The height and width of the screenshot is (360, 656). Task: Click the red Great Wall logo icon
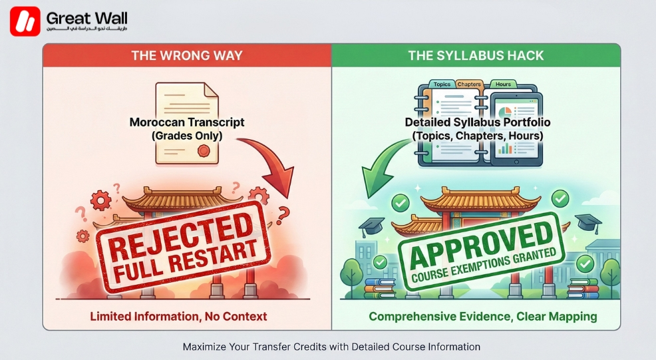(x=25, y=21)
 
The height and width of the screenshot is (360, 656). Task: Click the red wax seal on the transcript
(x=204, y=151)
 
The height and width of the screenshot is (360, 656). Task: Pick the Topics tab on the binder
(x=442, y=85)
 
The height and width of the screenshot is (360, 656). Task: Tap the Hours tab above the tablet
(x=504, y=85)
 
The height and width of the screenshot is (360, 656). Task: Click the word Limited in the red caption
(x=111, y=316)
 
